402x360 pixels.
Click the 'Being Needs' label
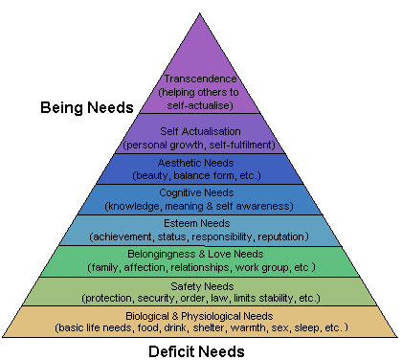(x=86, y=107)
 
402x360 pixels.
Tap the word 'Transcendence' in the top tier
(x=200, y=79)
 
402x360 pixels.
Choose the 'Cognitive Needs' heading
(x=200, y=193)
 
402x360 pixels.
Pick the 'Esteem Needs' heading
(x=200, y=224)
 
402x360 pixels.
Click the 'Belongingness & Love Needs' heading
(x=200, y=255)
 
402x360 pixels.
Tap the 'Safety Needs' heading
(x=200, y=285)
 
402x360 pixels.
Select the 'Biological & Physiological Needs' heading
(x=200, y=316)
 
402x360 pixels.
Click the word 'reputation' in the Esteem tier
(x=284, y=236)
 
